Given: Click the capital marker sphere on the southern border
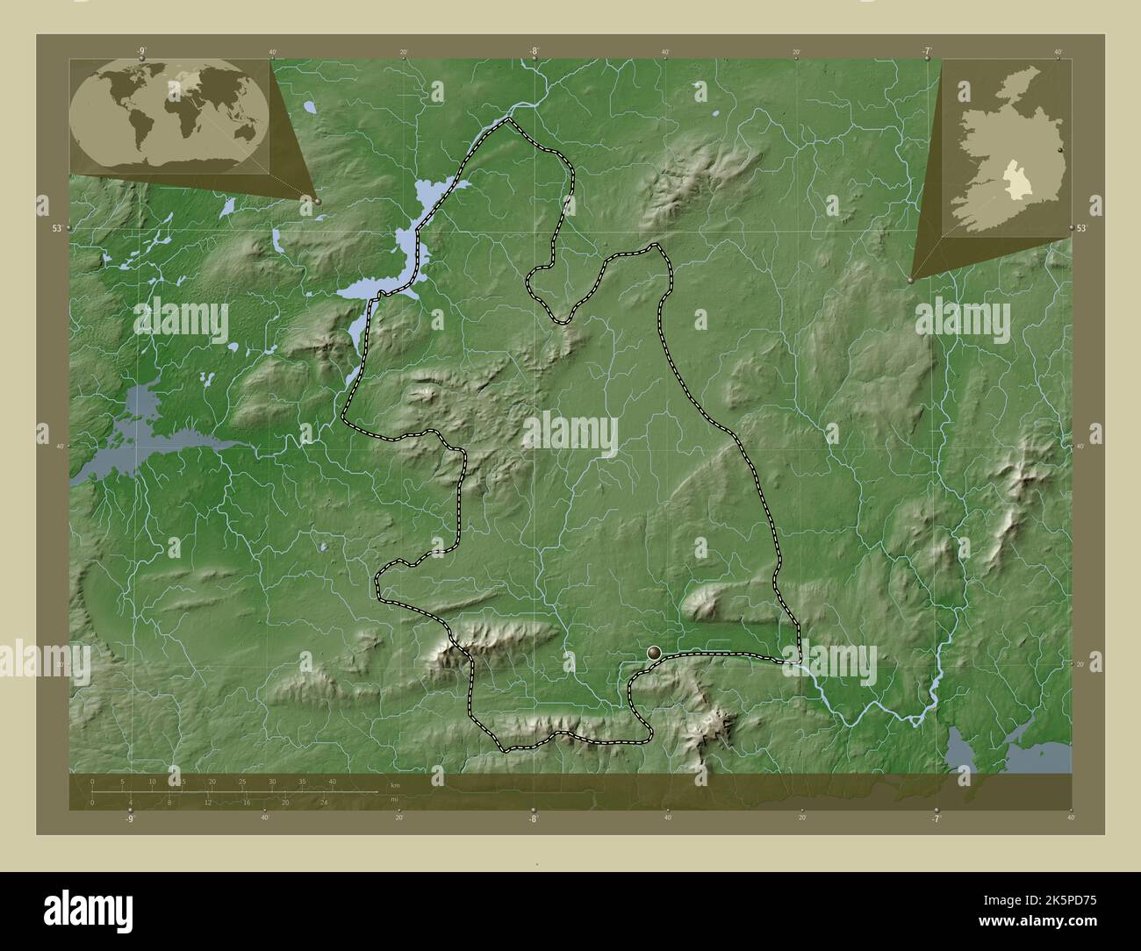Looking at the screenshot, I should click(x=654, y=652).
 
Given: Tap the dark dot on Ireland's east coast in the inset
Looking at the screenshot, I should click(x=1060, y=151).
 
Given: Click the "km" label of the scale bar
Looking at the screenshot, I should click(x=395, y=783).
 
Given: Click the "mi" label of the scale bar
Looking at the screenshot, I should click(x=395, y=800).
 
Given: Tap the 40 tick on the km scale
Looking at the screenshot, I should click(x=333, y=782).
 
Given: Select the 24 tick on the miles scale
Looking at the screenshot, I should click(x=324, y=802).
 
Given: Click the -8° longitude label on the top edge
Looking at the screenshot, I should click(x=533, y=52).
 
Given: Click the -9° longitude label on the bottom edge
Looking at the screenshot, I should click(x=130, y=819).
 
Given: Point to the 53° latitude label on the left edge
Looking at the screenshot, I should click(x=57, y=228).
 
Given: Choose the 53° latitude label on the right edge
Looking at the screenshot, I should click(x=1082, y=228).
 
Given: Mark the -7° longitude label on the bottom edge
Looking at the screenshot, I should click(x=936, y=819).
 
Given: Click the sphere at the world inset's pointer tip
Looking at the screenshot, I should click(x=317, y=201).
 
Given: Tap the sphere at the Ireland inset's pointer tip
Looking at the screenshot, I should click(x=910, y=280).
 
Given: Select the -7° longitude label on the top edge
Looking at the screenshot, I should click(x=927, y=52).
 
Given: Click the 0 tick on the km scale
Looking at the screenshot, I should click(x=92, y=782).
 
